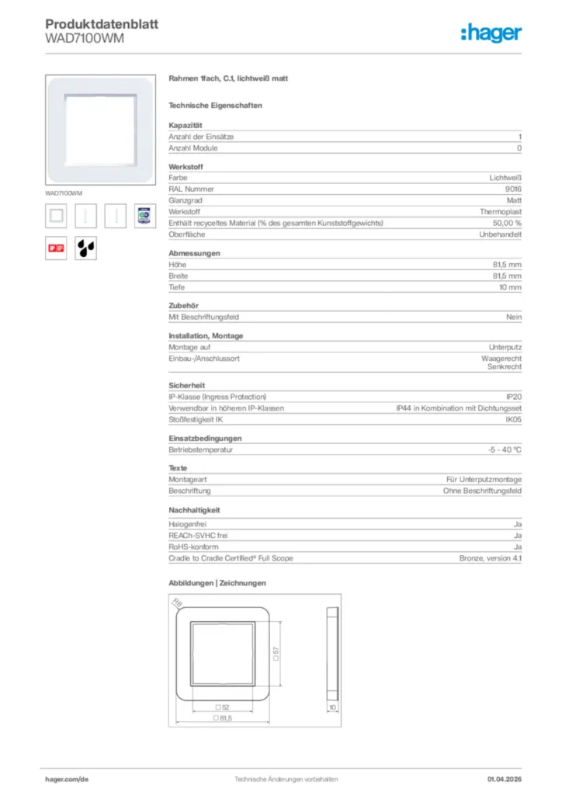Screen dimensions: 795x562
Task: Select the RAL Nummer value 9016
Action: coord(514,189)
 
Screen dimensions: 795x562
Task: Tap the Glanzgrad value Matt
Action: coord(514,200)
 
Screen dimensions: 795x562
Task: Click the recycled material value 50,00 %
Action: coord(508,223)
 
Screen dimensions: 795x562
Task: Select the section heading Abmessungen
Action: coord(194,253)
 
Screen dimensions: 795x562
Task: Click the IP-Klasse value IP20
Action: coord(514,397)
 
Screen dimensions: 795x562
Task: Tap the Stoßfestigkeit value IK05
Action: coord(514,419)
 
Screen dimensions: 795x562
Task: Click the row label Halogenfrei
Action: coord(187,525)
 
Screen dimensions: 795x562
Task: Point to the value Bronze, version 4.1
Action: coord(491,558)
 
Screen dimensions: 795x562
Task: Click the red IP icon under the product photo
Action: coord(56,248)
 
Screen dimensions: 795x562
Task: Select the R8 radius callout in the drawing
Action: coord(177,602)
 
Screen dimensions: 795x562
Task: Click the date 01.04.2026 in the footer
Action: coord(505,779)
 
